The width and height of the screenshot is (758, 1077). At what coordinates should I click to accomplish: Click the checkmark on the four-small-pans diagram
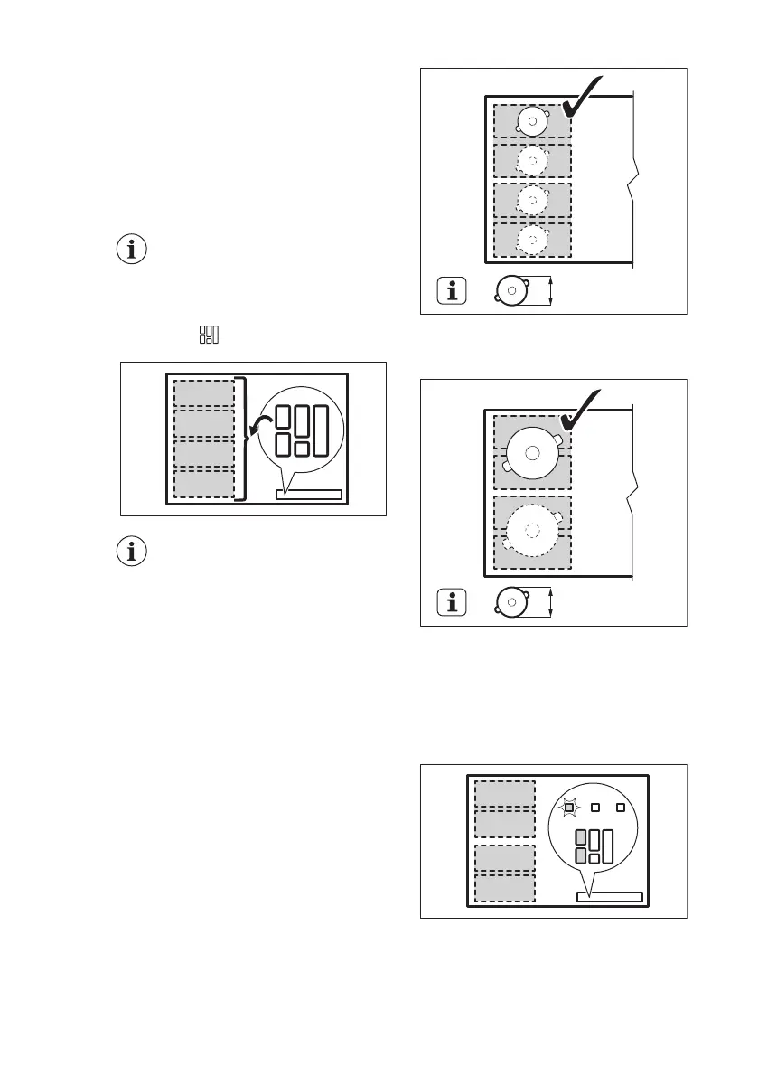pyautogui.click(x=592, y=99)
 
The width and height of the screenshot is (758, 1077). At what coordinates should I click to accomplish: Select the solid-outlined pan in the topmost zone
pyautogui.click(x=532, y=121)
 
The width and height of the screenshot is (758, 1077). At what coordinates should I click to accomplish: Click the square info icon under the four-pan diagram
pyautogui.click(x=453, y=291)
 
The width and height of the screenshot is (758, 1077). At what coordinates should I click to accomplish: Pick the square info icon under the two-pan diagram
pyautogui.click(x=453, y=602)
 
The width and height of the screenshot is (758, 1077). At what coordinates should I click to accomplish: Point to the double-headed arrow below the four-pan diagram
pyautogui.click(x=550, y=292)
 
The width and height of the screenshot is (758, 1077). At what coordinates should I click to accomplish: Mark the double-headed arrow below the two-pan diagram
pyautogui.click(x=550, y=603)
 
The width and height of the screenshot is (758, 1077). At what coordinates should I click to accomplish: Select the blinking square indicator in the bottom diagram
pyautogui.click(x=569, y=808)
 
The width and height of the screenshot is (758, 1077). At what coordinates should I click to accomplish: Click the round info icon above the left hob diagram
pyautogui.click(x=133, y=250)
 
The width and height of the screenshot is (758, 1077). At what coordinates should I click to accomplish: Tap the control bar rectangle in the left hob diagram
pyautogui.click(x=308, y=495)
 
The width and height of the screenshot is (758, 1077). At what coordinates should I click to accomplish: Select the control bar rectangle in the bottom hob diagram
pyautogui.click(x=609, y=897)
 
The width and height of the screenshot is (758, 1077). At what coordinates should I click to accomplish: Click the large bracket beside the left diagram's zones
pyautogui.click(x=240, y=439)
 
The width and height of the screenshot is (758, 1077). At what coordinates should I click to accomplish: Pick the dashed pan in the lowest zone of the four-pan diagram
pyautogui.click(x=532, y=240)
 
